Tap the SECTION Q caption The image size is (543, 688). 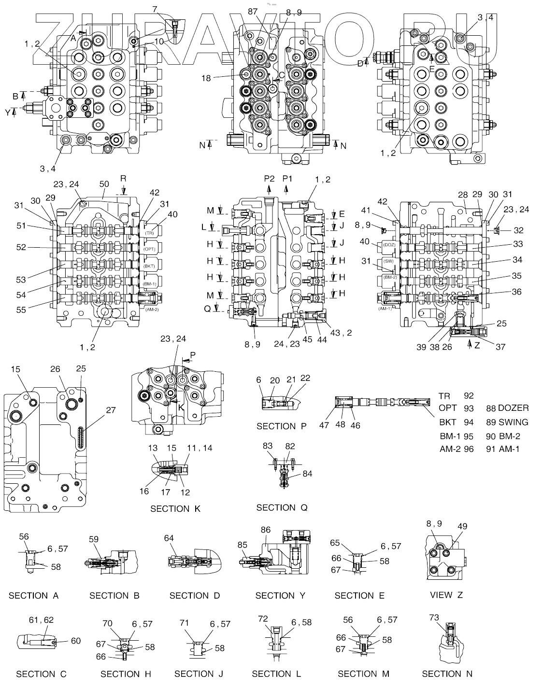click(x=282, y=507)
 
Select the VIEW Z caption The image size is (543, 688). click(x=446, y=595)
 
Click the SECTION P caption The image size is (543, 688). click(x=282, y=426)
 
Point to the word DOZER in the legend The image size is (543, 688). click(x=513, y=408)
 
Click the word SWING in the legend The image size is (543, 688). click(x=514, y=422)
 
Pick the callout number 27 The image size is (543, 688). click(x=111, y=410)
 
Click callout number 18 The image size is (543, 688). click(x=206, y=78)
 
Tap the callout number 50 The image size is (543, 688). click(x=104, y=184)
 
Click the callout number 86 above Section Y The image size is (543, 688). click(x=266, y=530)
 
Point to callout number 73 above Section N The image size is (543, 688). click(x=434, y=617)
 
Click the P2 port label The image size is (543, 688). click(x=269, y=179)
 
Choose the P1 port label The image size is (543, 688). click(x=287, y=179)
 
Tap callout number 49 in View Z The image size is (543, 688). click(x=462, y=526)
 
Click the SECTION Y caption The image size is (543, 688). click(x=280, y=596)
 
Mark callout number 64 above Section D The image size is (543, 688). click(x=169, y=538)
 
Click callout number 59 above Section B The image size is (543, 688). click(x=94, y=539)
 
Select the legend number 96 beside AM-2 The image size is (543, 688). click(x=469, y=449)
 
